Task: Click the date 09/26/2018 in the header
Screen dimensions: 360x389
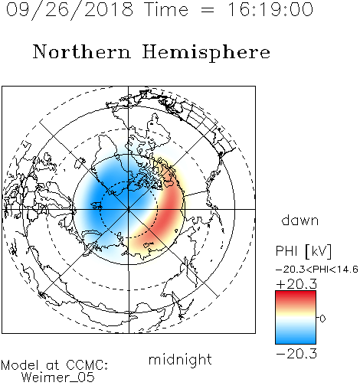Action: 70,9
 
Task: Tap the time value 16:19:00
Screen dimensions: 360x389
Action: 270,9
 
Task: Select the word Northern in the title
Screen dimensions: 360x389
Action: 82,51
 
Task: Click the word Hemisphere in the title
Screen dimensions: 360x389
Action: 206,52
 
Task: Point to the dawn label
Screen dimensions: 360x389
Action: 300,220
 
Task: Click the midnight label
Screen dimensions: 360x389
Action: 180,359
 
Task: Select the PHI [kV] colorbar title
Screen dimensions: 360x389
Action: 303,251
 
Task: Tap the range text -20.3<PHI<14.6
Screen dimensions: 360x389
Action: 317,270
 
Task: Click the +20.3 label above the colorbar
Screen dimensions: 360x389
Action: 296,284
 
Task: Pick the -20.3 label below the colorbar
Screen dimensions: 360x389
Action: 296,354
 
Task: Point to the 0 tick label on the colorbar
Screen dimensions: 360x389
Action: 322,319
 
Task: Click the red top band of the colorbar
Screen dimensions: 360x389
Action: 296,296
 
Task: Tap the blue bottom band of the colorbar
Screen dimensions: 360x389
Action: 296,338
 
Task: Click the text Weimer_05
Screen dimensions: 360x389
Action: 58,378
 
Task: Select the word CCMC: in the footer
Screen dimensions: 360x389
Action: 87,365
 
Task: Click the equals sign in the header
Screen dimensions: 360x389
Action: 208,10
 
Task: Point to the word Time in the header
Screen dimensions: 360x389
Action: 166,9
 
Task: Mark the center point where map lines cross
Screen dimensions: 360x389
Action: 129,209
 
